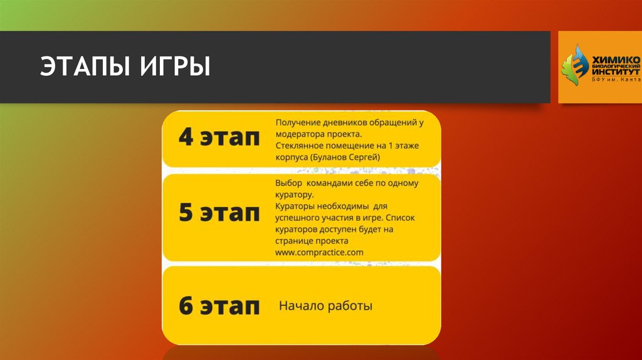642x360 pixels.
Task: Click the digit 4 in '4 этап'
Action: tap(186, 138)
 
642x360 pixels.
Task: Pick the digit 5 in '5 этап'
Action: tap(186, 213)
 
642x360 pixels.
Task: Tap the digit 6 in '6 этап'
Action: tap(186, 307)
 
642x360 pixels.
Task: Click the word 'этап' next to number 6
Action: tap(229, 307)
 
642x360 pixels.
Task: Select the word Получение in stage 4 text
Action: tap(298, 123)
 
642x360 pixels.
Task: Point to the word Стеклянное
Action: tap(300, 146)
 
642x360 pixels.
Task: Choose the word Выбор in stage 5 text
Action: tap(288, 183)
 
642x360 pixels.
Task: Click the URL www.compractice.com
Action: tap(319, 252)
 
